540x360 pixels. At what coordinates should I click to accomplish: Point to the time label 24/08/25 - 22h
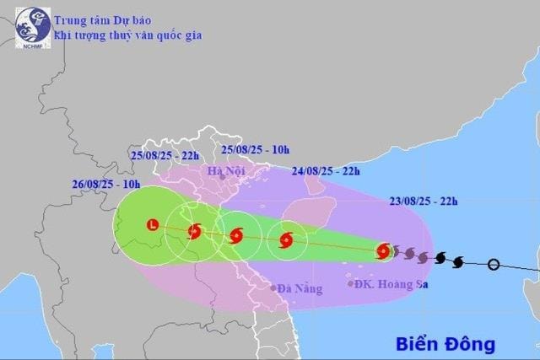click(x=327, y=171)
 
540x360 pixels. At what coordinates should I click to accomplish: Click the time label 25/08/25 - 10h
click(x=254, y=149)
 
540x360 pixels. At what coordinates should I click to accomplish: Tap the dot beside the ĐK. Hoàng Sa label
click(x=350, y=283)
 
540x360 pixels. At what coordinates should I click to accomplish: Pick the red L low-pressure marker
click(x=152, y=224)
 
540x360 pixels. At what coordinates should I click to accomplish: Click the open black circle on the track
click(x=494, y=265)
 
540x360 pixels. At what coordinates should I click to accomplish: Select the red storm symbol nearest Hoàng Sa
click(x=383, y=250)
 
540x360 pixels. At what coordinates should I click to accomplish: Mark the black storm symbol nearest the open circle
click(x=458, y=261)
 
